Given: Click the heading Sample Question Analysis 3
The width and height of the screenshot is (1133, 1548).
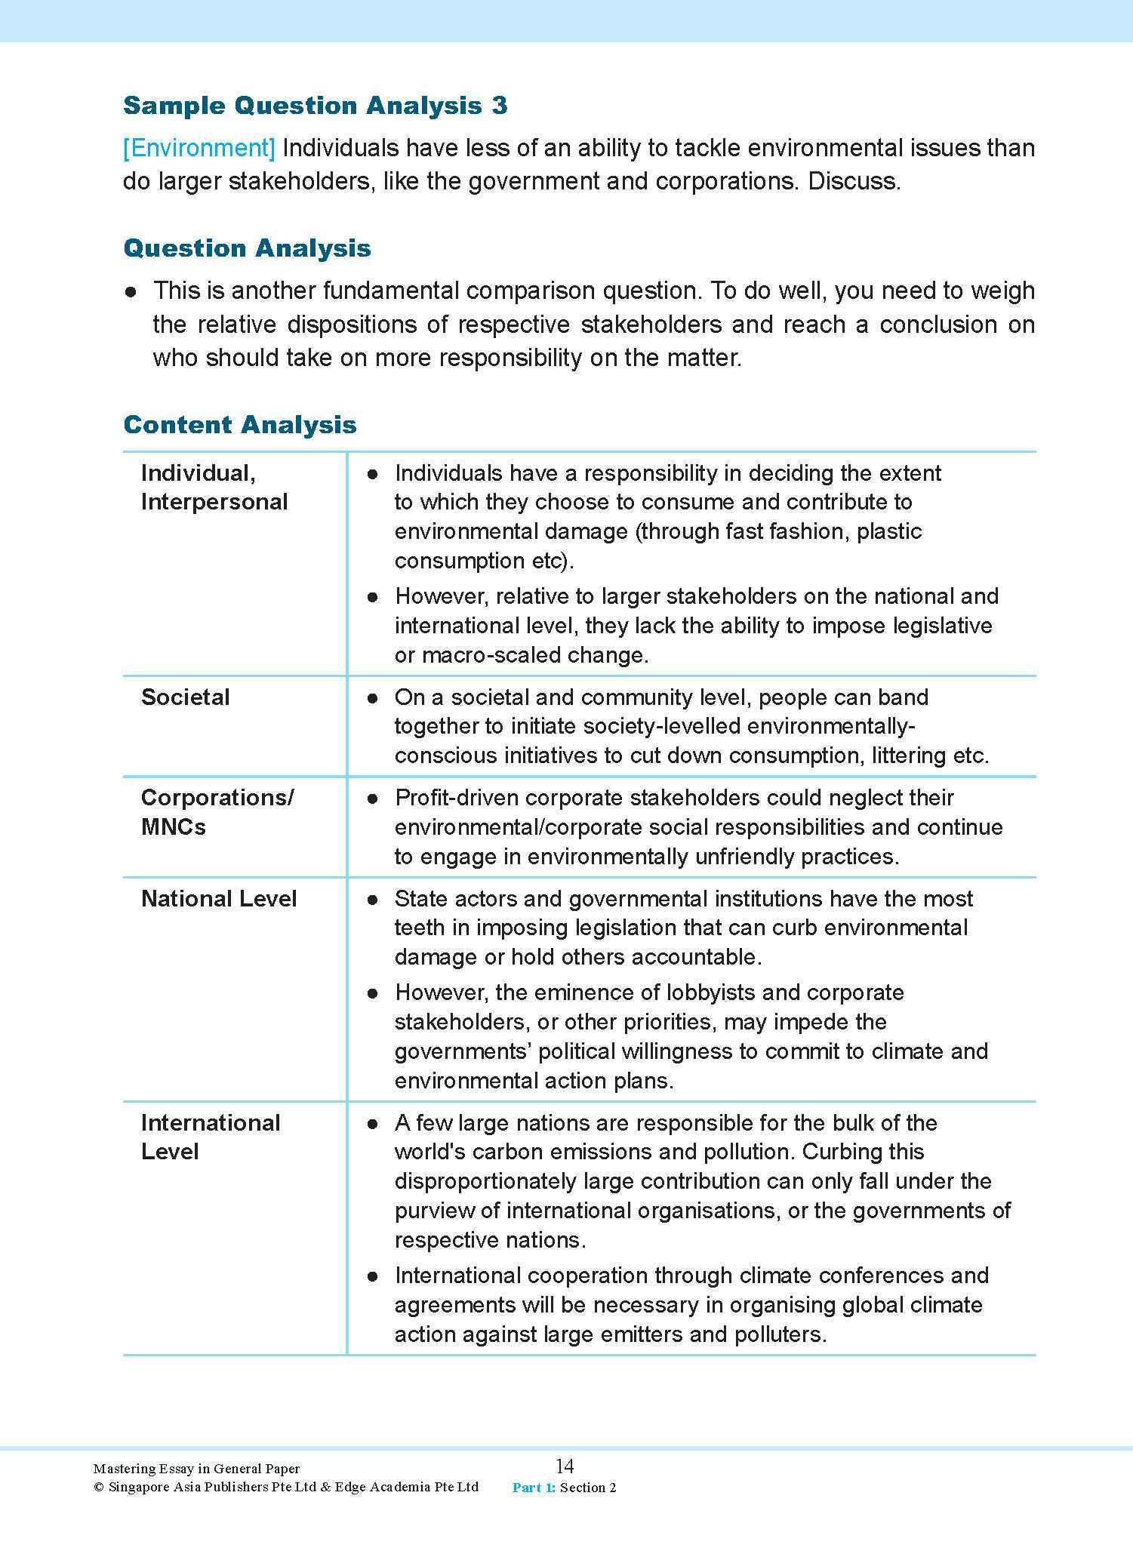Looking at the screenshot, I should [315, 106].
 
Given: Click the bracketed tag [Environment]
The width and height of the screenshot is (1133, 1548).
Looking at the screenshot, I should [199, 148].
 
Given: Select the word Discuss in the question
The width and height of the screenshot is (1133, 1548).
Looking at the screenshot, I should [853, 182].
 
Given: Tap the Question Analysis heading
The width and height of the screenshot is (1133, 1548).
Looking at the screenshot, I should [247, 248].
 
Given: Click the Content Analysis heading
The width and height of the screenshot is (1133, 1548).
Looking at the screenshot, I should [239, 425].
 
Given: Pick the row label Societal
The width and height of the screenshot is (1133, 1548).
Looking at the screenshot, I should [185, 697].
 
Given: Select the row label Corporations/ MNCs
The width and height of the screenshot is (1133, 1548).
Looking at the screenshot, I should [217, 812].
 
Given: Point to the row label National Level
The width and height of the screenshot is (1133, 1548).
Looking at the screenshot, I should [219, 899].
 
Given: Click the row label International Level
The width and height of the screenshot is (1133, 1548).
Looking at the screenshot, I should [210, 1137].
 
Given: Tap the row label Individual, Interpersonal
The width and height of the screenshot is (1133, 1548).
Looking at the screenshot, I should [214, 488].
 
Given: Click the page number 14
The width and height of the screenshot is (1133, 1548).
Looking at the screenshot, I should [565, 1466].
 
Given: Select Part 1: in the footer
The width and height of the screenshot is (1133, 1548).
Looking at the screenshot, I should [534, 1488].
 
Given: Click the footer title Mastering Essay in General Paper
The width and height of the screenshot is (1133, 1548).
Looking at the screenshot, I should [196, 1469].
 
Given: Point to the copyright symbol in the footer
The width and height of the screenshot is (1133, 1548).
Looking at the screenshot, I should [98, 1488].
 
